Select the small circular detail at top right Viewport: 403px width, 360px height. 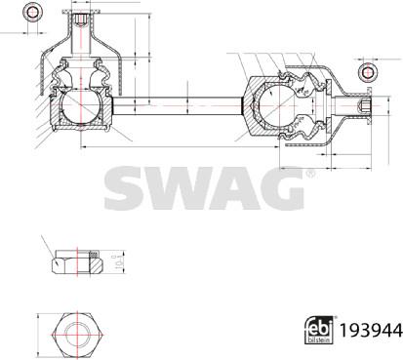[x=368, y=73]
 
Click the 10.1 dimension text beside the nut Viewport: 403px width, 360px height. [x=114, y=260]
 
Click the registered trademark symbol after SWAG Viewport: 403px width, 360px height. [x=309, y=173]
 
